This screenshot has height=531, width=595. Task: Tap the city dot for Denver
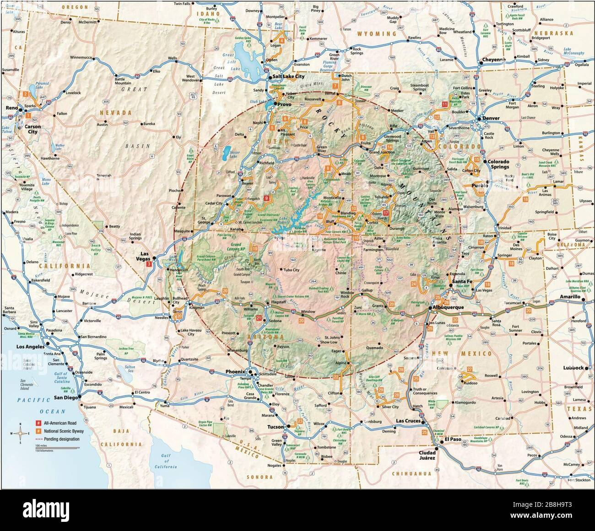click(479, 118)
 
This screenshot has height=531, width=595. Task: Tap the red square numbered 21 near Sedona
click(259, 318)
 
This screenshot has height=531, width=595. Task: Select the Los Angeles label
click(32, 347)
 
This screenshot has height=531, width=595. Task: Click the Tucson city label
click(276, 427)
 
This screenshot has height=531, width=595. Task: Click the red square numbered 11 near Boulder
click(444, 105)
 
